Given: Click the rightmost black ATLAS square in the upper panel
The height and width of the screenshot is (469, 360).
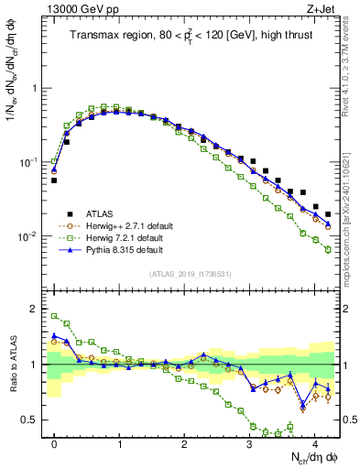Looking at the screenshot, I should pos(328,214).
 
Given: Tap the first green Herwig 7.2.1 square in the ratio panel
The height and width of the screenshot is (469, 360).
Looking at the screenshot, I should pos(54,316).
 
